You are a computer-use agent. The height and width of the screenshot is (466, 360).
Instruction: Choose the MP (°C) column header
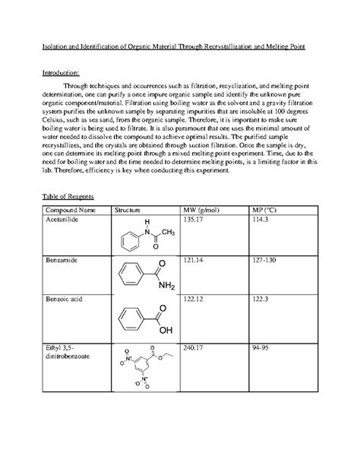(x=266, y=209)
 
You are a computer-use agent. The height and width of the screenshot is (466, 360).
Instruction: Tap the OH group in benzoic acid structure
(x=166, y=329)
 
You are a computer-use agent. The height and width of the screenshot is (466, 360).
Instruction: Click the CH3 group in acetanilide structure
(x=168, y=233)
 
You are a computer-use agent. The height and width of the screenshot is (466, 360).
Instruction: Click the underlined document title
(x=179, y=47)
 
